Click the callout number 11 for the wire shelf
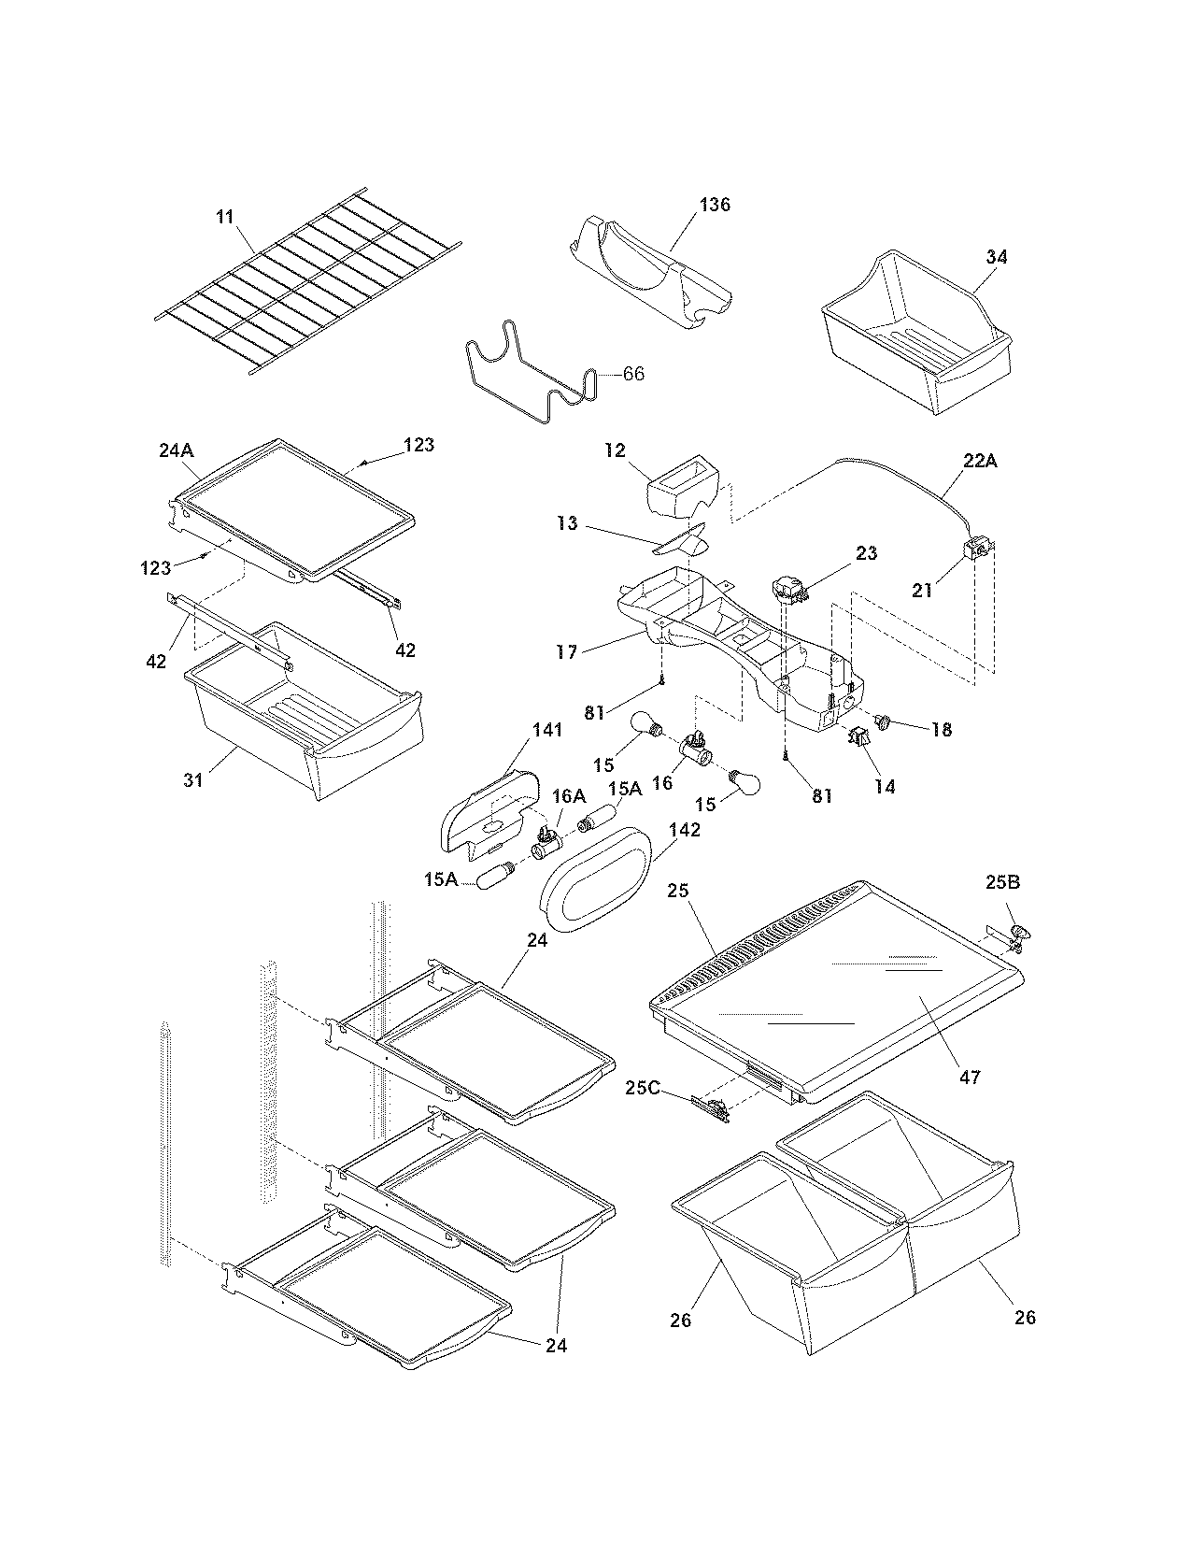[224, 217]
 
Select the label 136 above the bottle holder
[715, 205]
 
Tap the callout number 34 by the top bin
[997, 256]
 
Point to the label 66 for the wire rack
[632, 374]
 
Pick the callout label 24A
[176, 450]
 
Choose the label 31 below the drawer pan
[193, 778]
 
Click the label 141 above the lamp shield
[547, 730]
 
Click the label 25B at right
[1002, 881]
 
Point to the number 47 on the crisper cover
[970, 1077]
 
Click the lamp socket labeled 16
[695, 748]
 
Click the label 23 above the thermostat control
[866, 553]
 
